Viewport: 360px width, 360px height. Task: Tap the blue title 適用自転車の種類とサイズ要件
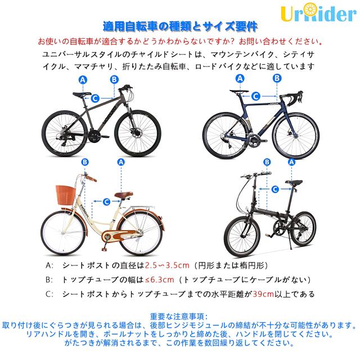point(180,26)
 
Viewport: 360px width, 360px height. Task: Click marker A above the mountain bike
point(83,80)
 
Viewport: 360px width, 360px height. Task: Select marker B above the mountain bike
point(114,80)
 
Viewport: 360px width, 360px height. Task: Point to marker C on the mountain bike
point(96,98)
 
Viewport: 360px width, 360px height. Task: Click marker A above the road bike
point(241,79)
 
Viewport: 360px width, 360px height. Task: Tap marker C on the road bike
point(255,96)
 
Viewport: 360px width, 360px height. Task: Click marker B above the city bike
point(85,162)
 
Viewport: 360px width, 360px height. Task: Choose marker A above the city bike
point(120,162)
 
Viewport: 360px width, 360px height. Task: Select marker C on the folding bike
point(276,189)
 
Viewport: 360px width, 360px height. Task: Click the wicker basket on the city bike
point(66,197)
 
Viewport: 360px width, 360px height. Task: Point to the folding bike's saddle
point(294,183)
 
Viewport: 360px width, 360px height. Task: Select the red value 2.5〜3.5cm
point(166,264)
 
